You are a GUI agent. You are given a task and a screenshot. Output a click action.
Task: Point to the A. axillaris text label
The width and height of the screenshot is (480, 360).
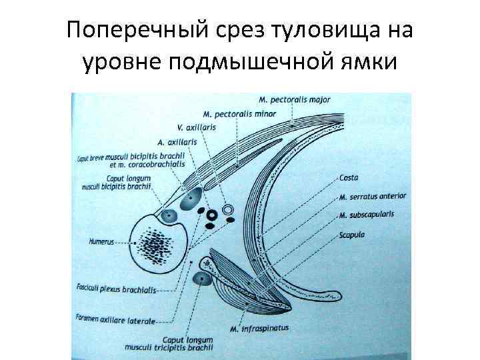coord(177,142)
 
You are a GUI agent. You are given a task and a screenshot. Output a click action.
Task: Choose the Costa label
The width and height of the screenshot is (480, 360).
coord(349,178)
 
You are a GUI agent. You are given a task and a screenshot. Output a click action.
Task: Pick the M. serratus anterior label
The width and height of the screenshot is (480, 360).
coord(372,197)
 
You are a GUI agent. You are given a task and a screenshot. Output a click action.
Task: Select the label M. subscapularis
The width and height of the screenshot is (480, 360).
coord(366,215)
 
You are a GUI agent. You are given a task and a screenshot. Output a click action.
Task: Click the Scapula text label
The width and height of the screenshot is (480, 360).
coord(352,235)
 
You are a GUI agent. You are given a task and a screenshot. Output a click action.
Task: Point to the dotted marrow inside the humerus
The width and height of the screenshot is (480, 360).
coord(157,245)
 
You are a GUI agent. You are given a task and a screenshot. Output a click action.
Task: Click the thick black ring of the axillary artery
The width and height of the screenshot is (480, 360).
coord(213,215)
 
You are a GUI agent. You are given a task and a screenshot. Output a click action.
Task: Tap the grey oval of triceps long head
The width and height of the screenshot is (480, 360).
coord(201,279)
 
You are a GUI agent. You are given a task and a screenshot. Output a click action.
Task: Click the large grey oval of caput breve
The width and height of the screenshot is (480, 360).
coord(193,199)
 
